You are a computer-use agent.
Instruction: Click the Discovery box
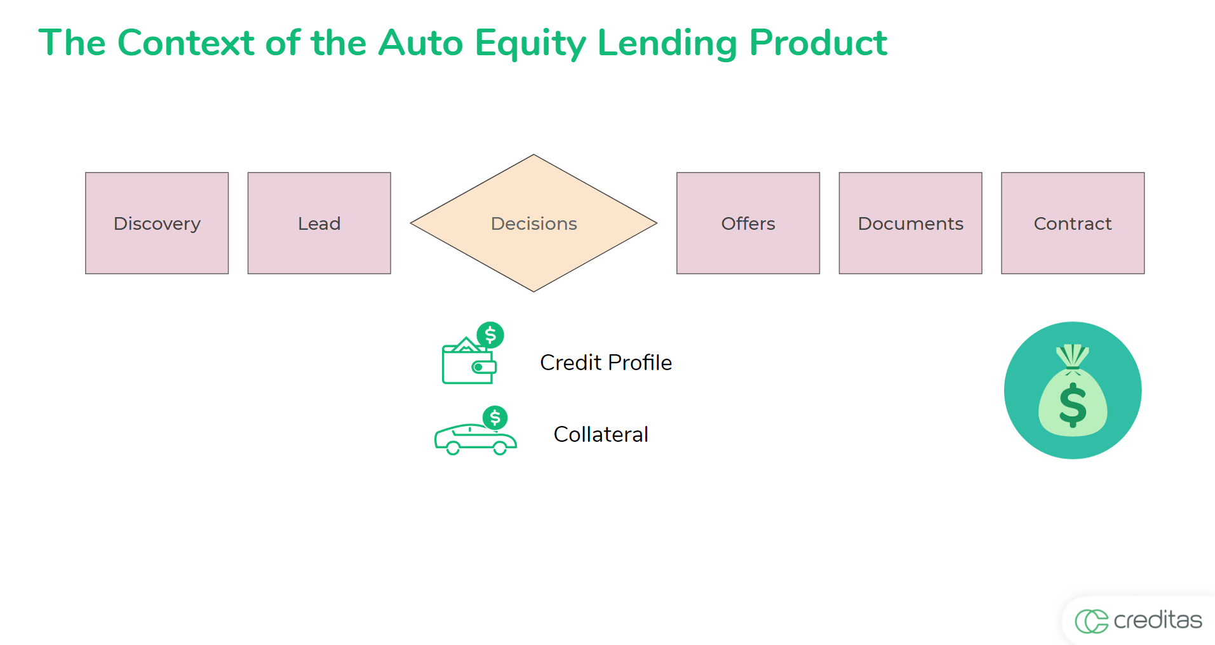(x=157, y=223)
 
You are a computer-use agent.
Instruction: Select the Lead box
(x=319, y=223)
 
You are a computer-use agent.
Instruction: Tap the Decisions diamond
(x=534, y=223)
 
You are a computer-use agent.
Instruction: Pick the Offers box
(x=748, y=223)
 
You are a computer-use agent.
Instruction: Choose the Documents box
(x=910, y=223)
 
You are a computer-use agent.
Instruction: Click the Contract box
(x=1073, y=223)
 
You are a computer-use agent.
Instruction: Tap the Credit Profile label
(x=605, y=362)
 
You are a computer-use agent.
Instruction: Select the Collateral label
(x=601, y=434)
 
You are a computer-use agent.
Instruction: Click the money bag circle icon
(x=1073, y=390)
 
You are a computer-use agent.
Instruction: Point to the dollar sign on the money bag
(x=1073, y=404)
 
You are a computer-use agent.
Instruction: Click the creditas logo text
(x=1157, y=620)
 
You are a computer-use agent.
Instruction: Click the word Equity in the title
(x=530, y=43)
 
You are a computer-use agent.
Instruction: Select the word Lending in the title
(x=666, y=43)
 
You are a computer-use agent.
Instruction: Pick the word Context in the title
(x=185, y=43)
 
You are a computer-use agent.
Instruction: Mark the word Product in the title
(x=817, y=43)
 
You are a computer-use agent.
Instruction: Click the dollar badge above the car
(x=495, y=418)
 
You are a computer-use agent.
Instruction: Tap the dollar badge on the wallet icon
(x=490, y=335)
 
